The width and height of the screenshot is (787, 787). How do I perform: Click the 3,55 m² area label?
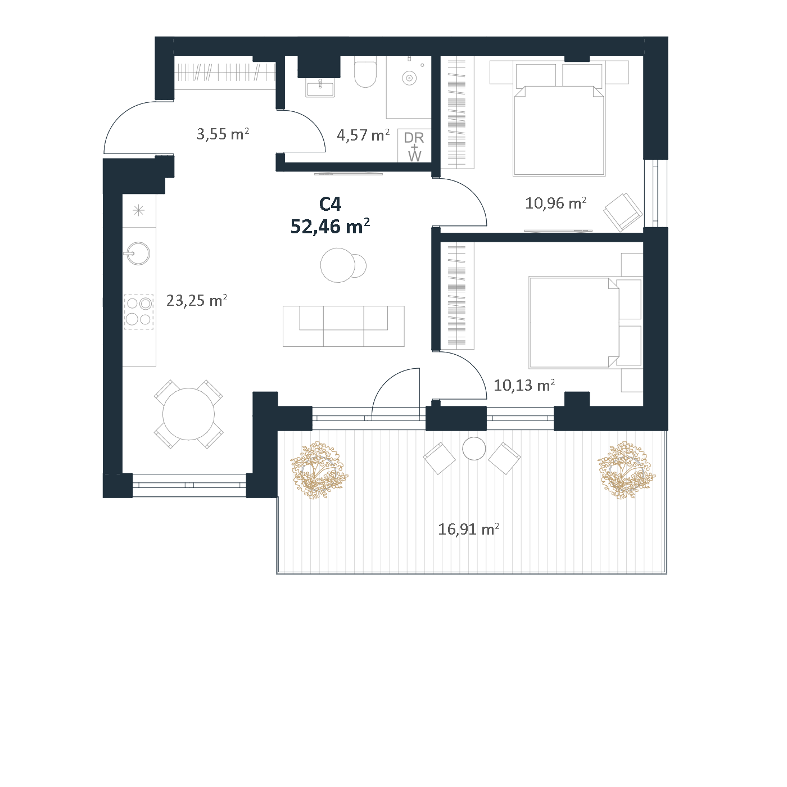point(223,134)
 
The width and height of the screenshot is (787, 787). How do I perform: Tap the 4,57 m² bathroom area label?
point(363,135)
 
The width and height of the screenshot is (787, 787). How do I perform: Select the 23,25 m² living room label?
point(196,301)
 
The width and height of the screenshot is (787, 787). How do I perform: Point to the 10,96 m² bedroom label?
point(555,203)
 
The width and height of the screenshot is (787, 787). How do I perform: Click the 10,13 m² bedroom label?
point(524,385)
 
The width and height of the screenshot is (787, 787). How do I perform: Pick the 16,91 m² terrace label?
point(468,530)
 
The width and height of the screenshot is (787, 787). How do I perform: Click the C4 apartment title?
point(330,204)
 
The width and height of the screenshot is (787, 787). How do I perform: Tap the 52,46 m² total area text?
point(330,226)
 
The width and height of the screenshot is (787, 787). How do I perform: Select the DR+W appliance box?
point(414,146)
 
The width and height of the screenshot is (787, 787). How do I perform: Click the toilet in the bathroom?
point(365,74)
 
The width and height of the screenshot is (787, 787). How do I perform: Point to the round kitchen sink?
point(138,254)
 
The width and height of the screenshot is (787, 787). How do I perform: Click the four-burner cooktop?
point(139,311)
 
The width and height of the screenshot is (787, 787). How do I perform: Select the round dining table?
point(188,414)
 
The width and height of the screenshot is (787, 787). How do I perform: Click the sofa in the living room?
point(343,326)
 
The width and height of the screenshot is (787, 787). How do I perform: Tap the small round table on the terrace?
point(474,449)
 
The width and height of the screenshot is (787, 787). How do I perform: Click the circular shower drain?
point(409,78)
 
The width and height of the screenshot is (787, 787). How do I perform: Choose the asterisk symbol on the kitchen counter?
point(138,211)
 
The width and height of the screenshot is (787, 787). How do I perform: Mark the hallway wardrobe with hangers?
point(225,73)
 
